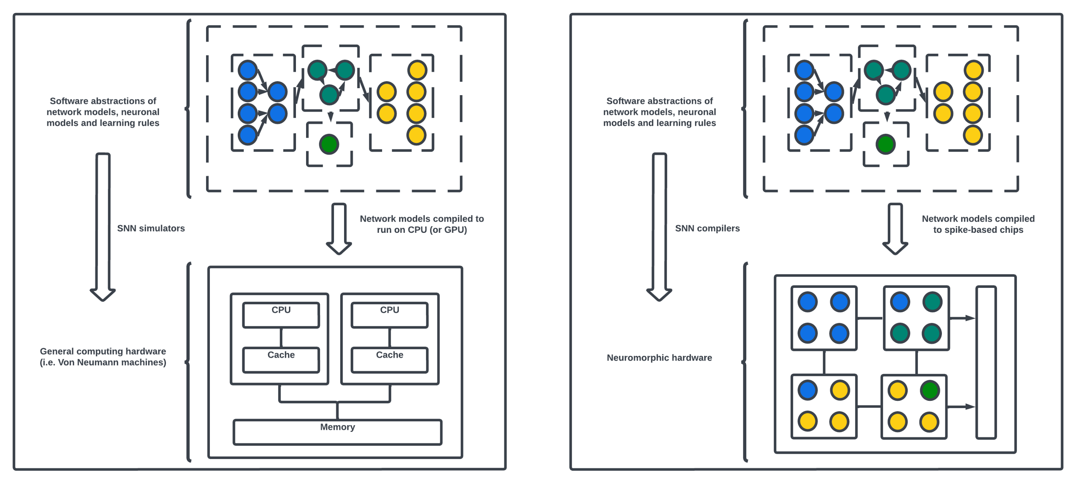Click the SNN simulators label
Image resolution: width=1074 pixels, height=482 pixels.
point(151,228)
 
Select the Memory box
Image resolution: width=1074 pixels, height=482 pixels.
point(337,432)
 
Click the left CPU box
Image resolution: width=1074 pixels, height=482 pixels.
point(281,315)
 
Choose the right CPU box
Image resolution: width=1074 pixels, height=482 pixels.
point(389,315)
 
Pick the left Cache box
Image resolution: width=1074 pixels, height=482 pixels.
point(281,359)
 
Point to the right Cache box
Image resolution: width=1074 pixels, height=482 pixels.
point(389,359)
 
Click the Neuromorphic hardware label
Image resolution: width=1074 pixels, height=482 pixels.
point(659,357)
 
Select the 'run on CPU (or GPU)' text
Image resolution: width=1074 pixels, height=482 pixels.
point(421,230)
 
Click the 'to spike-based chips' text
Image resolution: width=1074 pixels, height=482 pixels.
point(978,230)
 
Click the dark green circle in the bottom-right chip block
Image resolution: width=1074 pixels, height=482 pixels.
point(930,390)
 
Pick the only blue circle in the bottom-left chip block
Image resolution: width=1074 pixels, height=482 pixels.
point(808,390)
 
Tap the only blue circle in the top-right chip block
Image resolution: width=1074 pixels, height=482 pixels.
point(900,302)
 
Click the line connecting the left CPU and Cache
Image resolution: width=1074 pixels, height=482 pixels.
point(281,337)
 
